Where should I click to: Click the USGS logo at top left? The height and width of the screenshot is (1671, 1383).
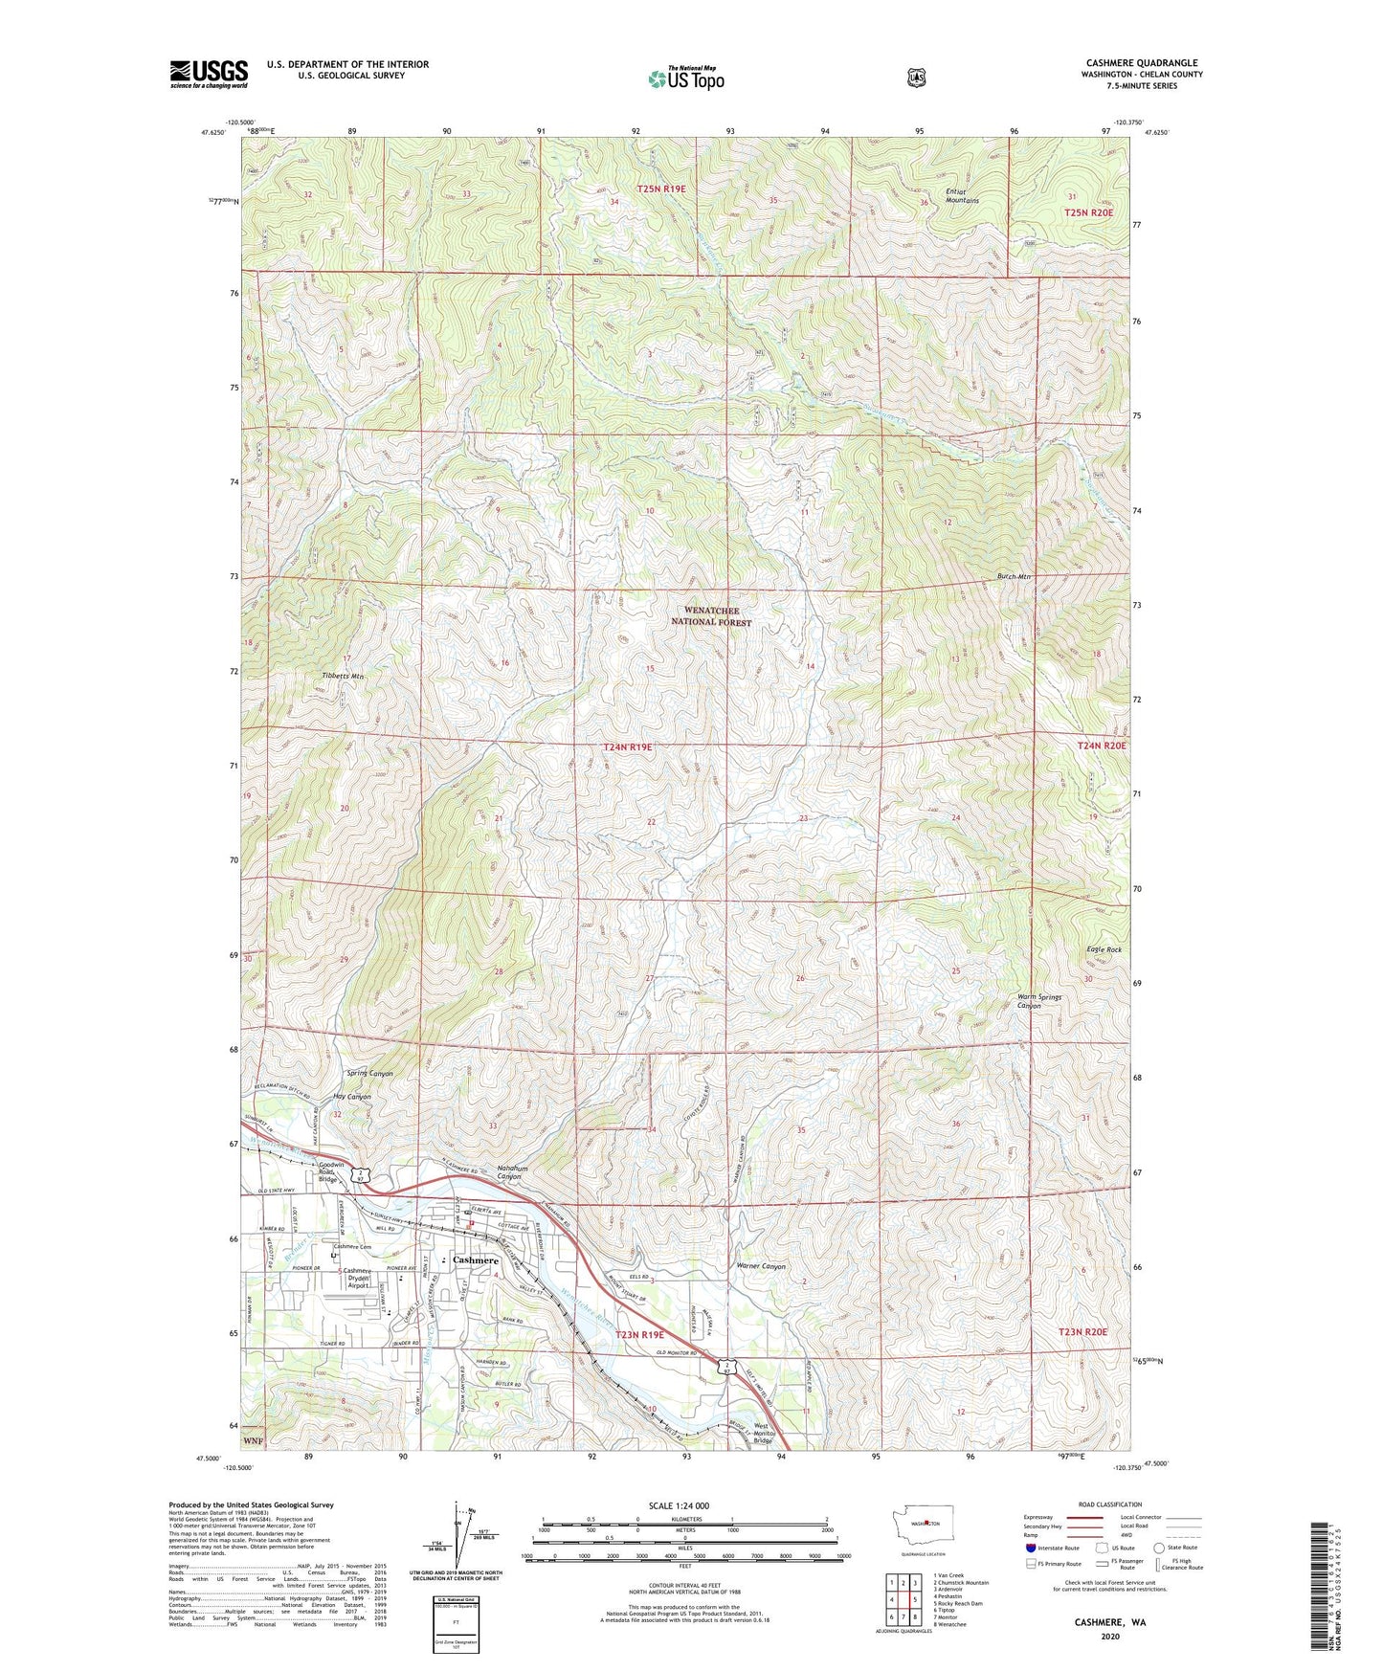209,74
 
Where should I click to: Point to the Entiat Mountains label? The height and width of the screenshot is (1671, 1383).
962,196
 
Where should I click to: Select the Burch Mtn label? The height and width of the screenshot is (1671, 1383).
1012,577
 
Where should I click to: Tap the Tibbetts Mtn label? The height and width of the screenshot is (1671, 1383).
343,677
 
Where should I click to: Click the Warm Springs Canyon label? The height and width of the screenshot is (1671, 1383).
1038,1001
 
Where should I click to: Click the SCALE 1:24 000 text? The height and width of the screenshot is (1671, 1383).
679,1505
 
